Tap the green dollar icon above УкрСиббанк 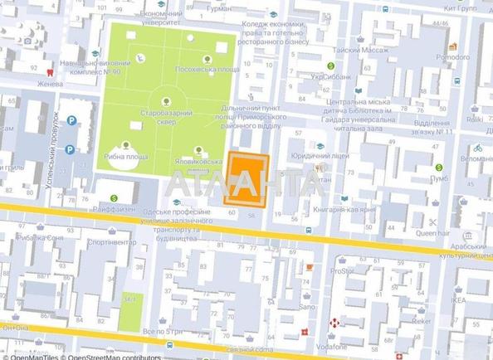pos(330,66)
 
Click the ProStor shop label pos(340,270)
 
